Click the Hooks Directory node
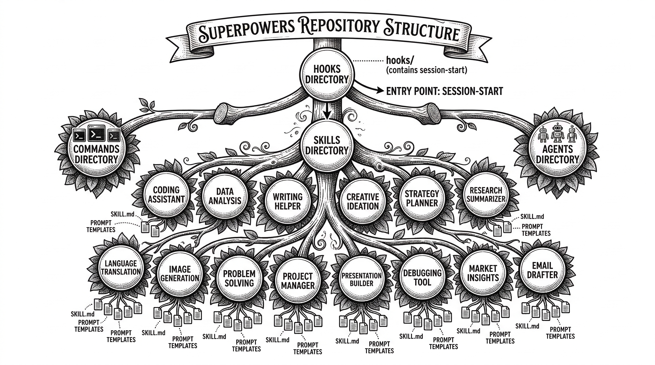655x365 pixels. (327, 74)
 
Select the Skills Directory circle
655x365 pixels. (327, 145)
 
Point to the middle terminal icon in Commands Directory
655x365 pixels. (96, 133)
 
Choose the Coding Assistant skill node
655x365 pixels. (166, 195)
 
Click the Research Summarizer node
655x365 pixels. (486, 195)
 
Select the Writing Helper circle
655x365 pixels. (288, 202)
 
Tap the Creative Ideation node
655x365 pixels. (362, 202)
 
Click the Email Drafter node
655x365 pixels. (542, 270)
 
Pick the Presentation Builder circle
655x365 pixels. (361, 279)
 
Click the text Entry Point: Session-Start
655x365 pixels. (444, 91)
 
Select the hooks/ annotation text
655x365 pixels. (400, 61)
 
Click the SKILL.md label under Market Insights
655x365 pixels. (468, 331)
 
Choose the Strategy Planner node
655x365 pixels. (422, 198)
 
